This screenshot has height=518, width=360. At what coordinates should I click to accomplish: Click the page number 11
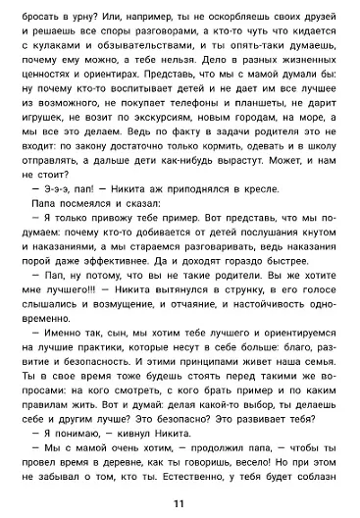[x=179, y=503]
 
